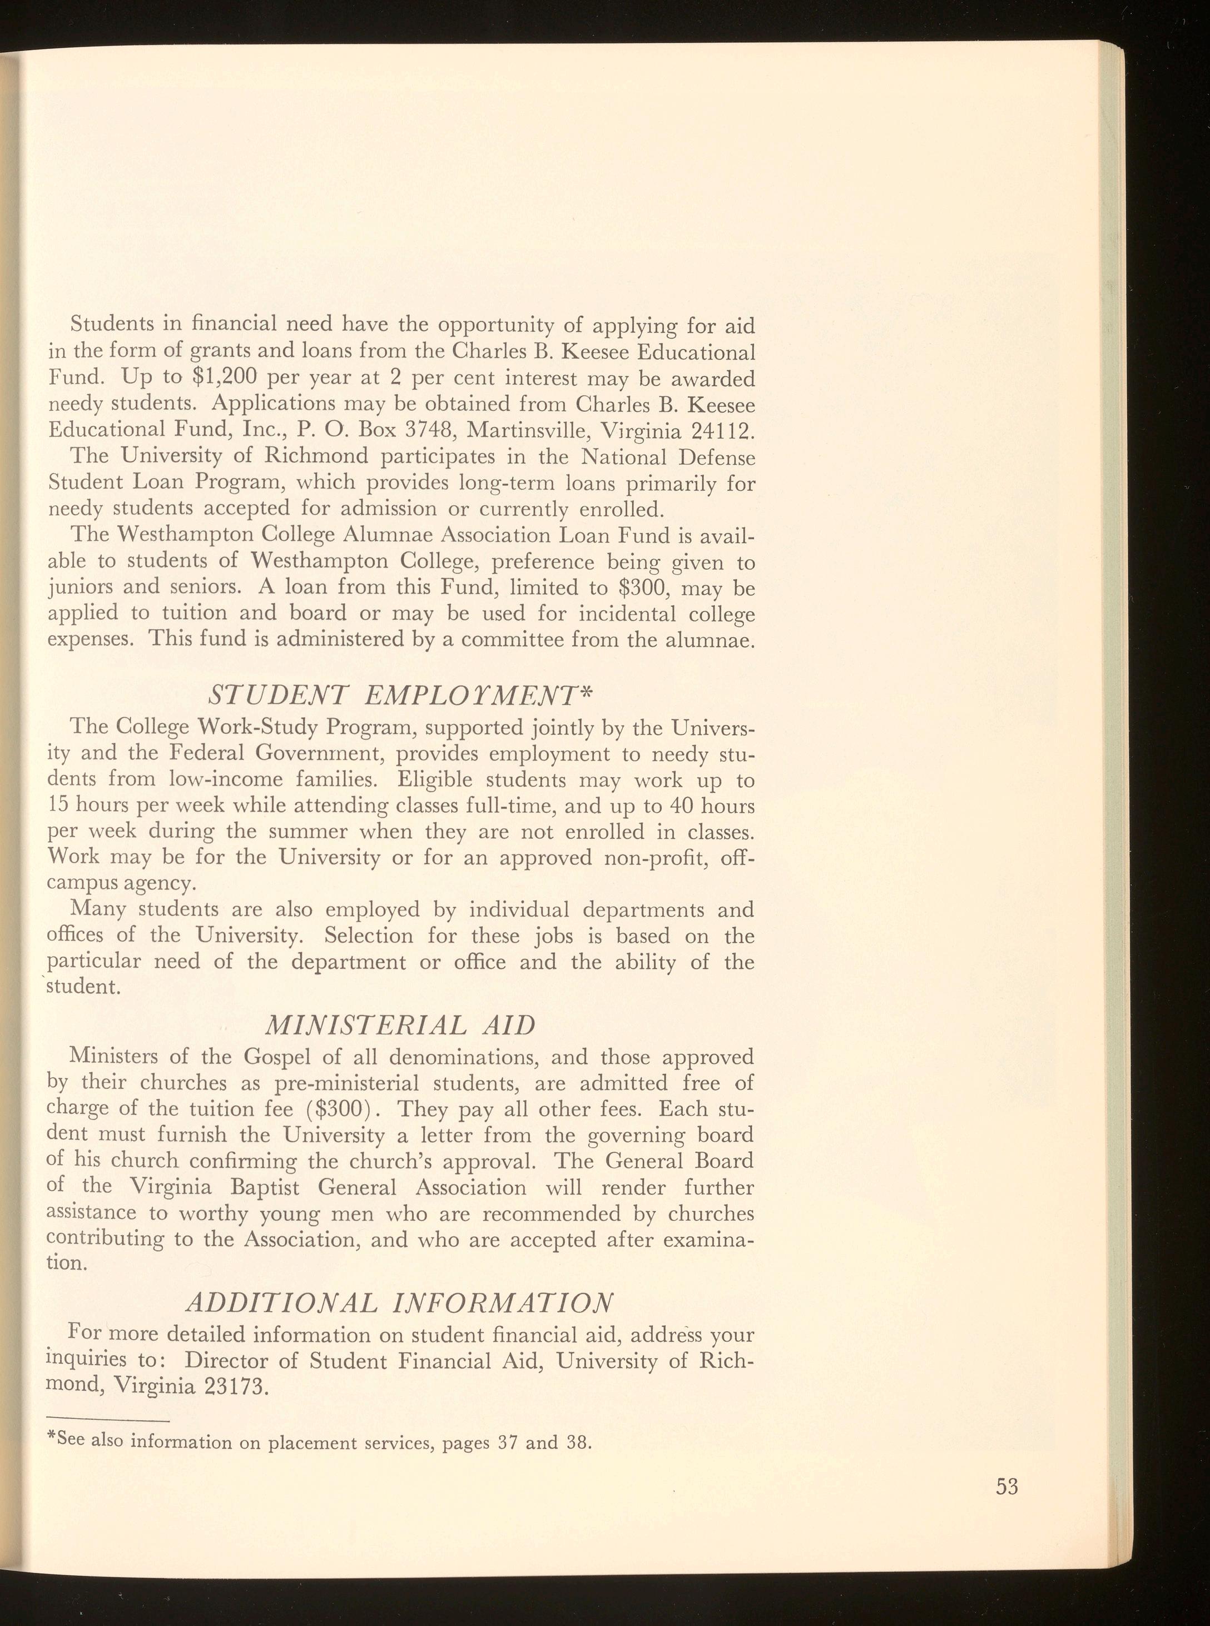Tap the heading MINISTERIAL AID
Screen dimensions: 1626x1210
(399, 1025)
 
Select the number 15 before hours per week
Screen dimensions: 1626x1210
(58, 805)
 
